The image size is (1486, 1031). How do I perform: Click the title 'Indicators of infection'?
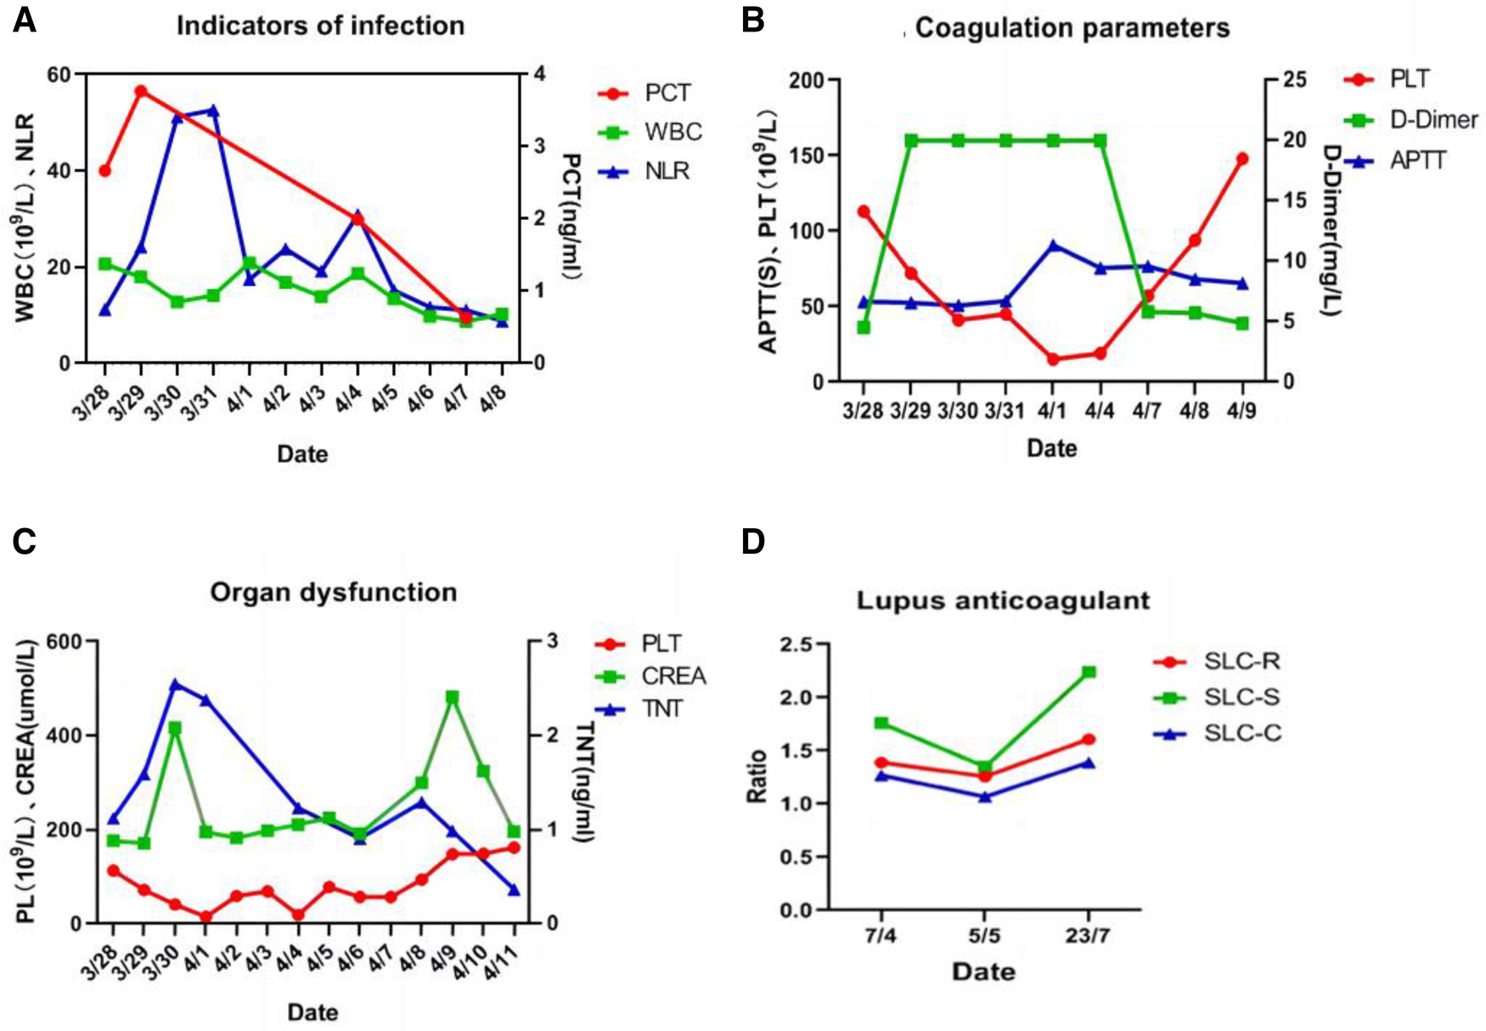320,25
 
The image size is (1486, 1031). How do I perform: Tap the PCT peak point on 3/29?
141,92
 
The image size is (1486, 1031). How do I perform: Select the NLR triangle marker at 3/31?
213,110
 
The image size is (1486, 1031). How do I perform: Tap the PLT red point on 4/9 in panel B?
1242,159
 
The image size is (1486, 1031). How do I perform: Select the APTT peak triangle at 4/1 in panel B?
1053,246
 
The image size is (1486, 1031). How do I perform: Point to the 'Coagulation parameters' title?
1072,28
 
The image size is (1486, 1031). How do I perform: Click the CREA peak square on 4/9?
453,697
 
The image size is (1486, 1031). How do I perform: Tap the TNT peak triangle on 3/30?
176,685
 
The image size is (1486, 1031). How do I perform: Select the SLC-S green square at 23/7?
1089,673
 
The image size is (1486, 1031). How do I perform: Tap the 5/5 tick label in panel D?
984,936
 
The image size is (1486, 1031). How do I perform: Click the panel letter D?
753,542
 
